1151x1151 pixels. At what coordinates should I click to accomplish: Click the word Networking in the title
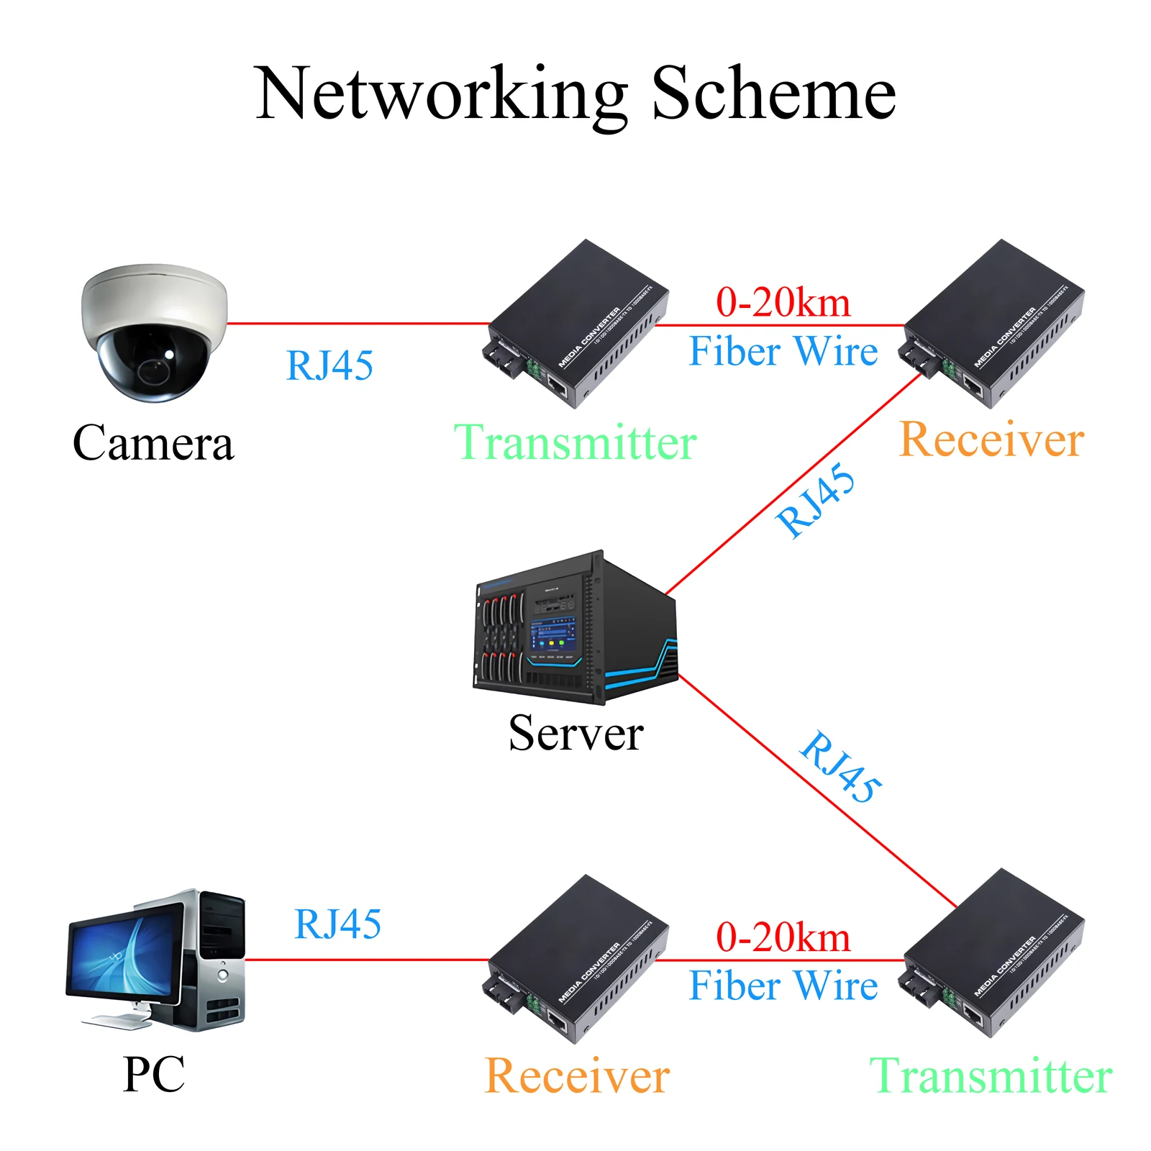440,95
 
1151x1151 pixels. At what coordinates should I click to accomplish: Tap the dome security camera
154,332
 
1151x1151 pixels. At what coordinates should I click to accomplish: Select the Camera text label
153,442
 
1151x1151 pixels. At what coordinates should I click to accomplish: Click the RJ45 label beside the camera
329,365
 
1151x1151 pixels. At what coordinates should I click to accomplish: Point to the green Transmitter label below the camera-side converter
575,442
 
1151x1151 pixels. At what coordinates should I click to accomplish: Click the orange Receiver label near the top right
991,440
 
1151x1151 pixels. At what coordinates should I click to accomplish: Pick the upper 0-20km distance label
783,302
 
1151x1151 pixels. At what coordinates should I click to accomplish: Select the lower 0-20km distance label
783,937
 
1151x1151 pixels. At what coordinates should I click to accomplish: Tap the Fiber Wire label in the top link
783,351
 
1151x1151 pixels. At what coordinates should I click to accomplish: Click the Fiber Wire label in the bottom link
783,986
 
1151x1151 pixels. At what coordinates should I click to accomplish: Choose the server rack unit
575,629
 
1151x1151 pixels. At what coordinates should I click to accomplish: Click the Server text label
575,733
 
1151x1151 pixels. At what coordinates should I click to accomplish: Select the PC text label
153,1075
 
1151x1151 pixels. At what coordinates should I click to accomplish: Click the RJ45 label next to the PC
337,924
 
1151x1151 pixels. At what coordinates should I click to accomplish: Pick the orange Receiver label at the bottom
577,1076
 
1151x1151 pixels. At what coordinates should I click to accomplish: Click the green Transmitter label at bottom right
991,1076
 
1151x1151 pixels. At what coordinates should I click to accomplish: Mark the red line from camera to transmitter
360,324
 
